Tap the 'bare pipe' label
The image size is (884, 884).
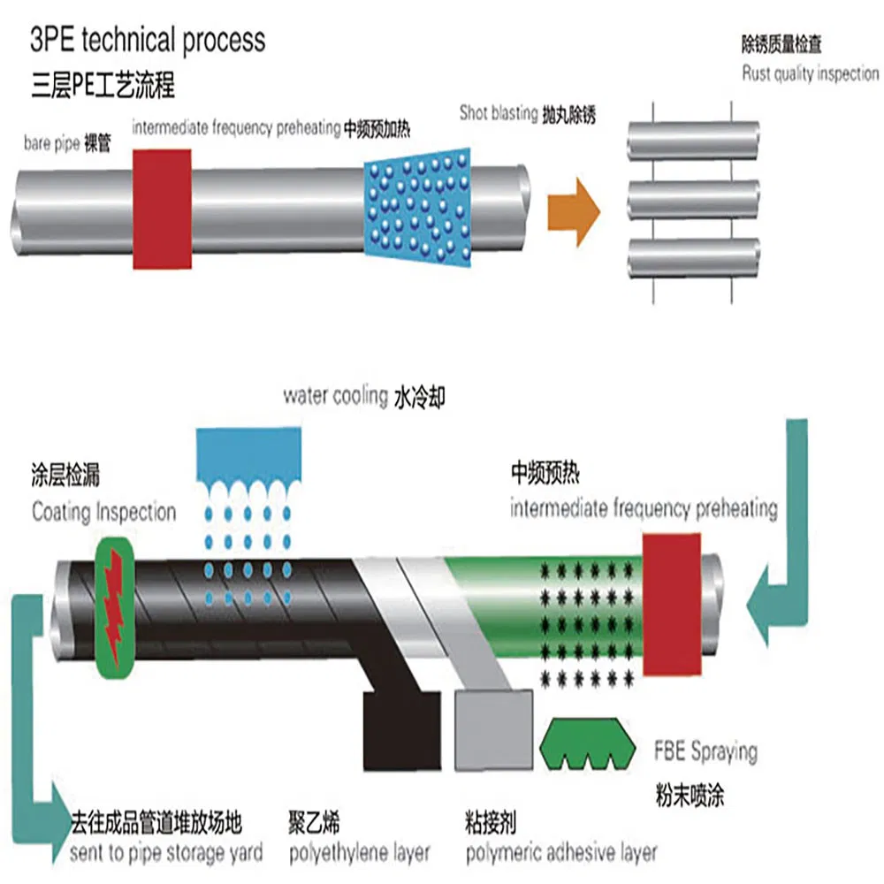click(50, 144)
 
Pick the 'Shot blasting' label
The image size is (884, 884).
click(499, 113)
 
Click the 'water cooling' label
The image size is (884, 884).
click(335, 396)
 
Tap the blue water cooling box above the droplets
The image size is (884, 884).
click(250, 452)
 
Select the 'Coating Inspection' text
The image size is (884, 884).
click(103, 512)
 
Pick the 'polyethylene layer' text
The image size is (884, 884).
click(360, 853)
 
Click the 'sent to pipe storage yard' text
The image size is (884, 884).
click(166, 853)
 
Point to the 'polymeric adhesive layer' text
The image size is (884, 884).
click(561, 853)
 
